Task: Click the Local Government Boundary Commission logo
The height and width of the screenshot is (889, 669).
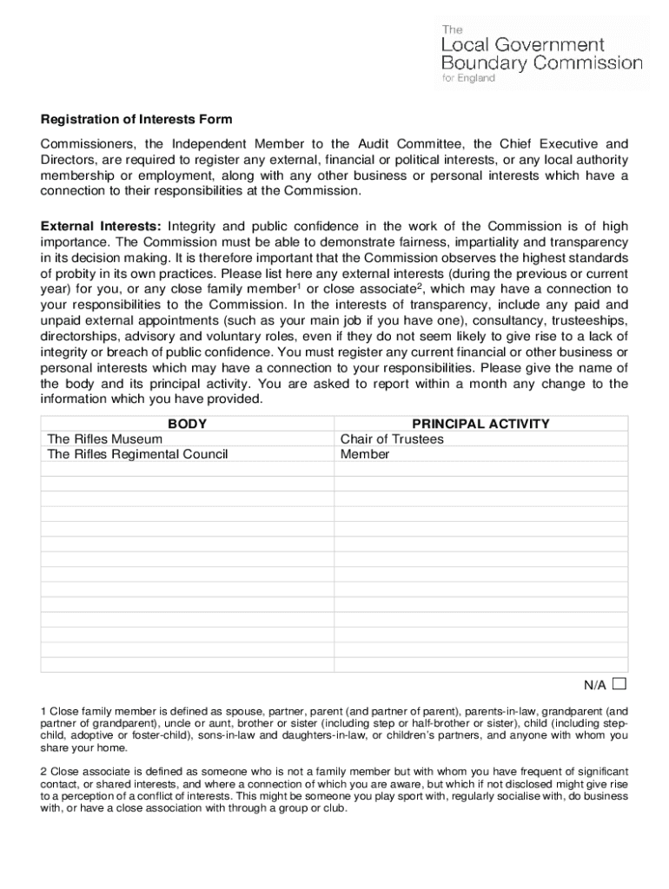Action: click(x=542, y=53)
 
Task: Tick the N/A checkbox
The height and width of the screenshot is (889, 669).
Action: click(x=619, y=683)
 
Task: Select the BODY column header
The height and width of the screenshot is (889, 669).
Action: click(x=187, y=424)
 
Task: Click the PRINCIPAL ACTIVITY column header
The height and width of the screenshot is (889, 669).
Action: click(x=480, y=424)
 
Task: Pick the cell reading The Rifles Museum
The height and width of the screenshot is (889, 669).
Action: click(x=104, y=439)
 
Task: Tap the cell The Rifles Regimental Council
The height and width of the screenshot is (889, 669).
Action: click(x=137, y=454)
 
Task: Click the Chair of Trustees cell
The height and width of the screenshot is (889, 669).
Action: click(x=392, y=439)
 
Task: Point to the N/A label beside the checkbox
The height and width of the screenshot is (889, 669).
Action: click(x=595, y=685)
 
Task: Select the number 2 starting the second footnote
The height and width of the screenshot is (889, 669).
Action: click(x=43, y=771)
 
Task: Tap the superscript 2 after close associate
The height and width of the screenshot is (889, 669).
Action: click(x=420, y=286)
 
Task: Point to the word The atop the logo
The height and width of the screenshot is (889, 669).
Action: click(x=454, y=28)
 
